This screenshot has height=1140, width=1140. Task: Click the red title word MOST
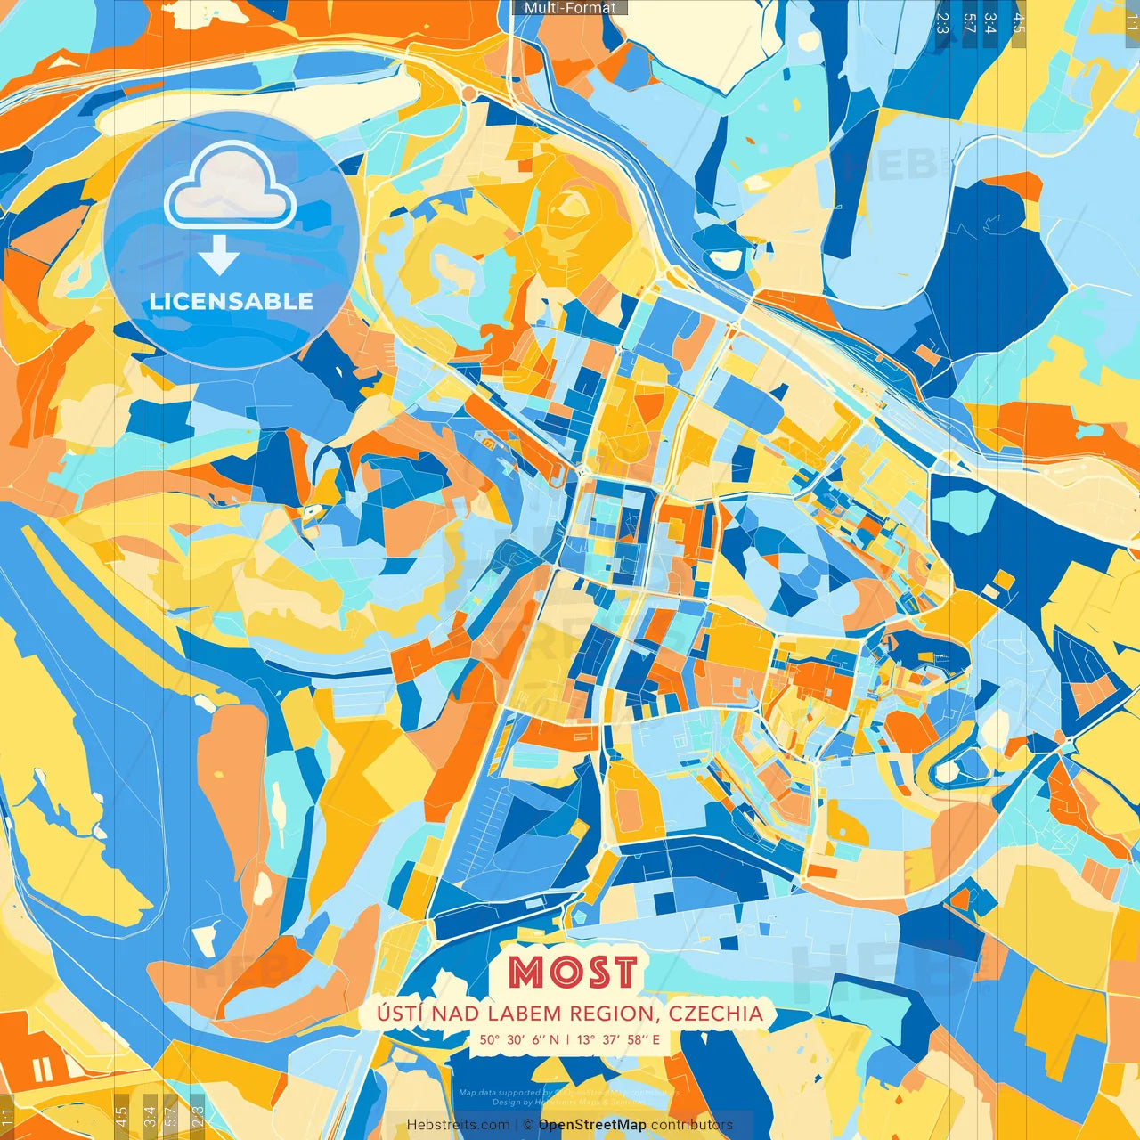click(x=574, y=972)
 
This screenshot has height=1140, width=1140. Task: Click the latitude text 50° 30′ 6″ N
click(x=519, y=1039)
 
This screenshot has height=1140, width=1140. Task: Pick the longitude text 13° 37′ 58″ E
click(x=618, y=1039)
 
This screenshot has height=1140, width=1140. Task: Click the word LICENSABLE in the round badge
click(x=232, y=301)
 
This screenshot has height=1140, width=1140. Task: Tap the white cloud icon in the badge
click(x=231, y=185)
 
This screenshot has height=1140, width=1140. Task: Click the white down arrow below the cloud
click(x=219, y=257)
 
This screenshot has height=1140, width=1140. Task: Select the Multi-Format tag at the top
click(x=570, y=8)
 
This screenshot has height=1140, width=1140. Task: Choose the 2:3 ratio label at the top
click(x=942, y=23)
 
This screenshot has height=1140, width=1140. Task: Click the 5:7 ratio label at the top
click(x=969, y=23)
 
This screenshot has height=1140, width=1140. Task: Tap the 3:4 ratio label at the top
click(x=990, y=23)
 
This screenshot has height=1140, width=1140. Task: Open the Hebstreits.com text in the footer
click(x=458, y=1125)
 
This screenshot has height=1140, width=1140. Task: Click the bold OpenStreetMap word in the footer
click(x=592, y=1125)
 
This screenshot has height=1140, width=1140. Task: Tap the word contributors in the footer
click(x=692, y=1125)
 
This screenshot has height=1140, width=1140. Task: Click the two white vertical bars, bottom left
click(x=41, y=1070)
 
